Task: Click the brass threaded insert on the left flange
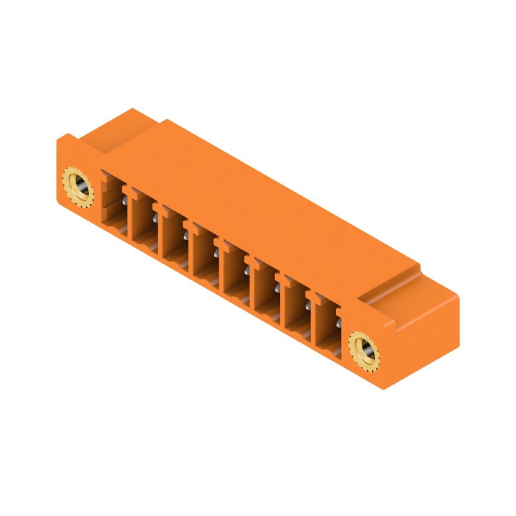78,187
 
